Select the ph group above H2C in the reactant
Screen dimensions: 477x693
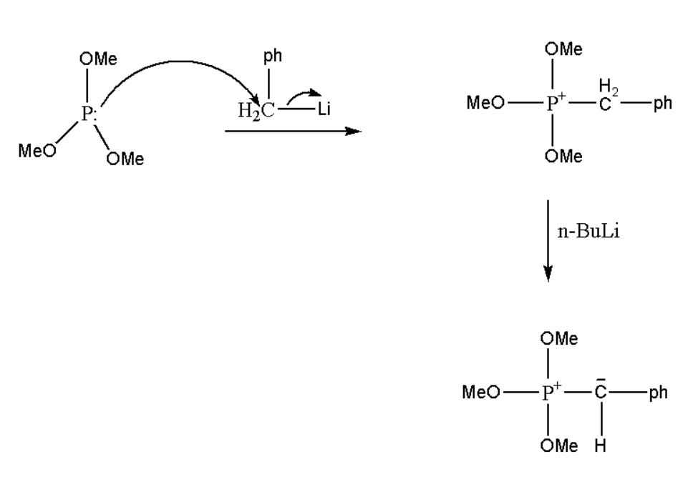pos(273,57)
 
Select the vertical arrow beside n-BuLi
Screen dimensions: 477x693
pos(548,240)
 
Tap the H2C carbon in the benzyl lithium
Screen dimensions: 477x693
pos(256,111)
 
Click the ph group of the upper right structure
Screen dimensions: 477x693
pos(662,104)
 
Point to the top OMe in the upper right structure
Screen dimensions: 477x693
pos(563,49)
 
